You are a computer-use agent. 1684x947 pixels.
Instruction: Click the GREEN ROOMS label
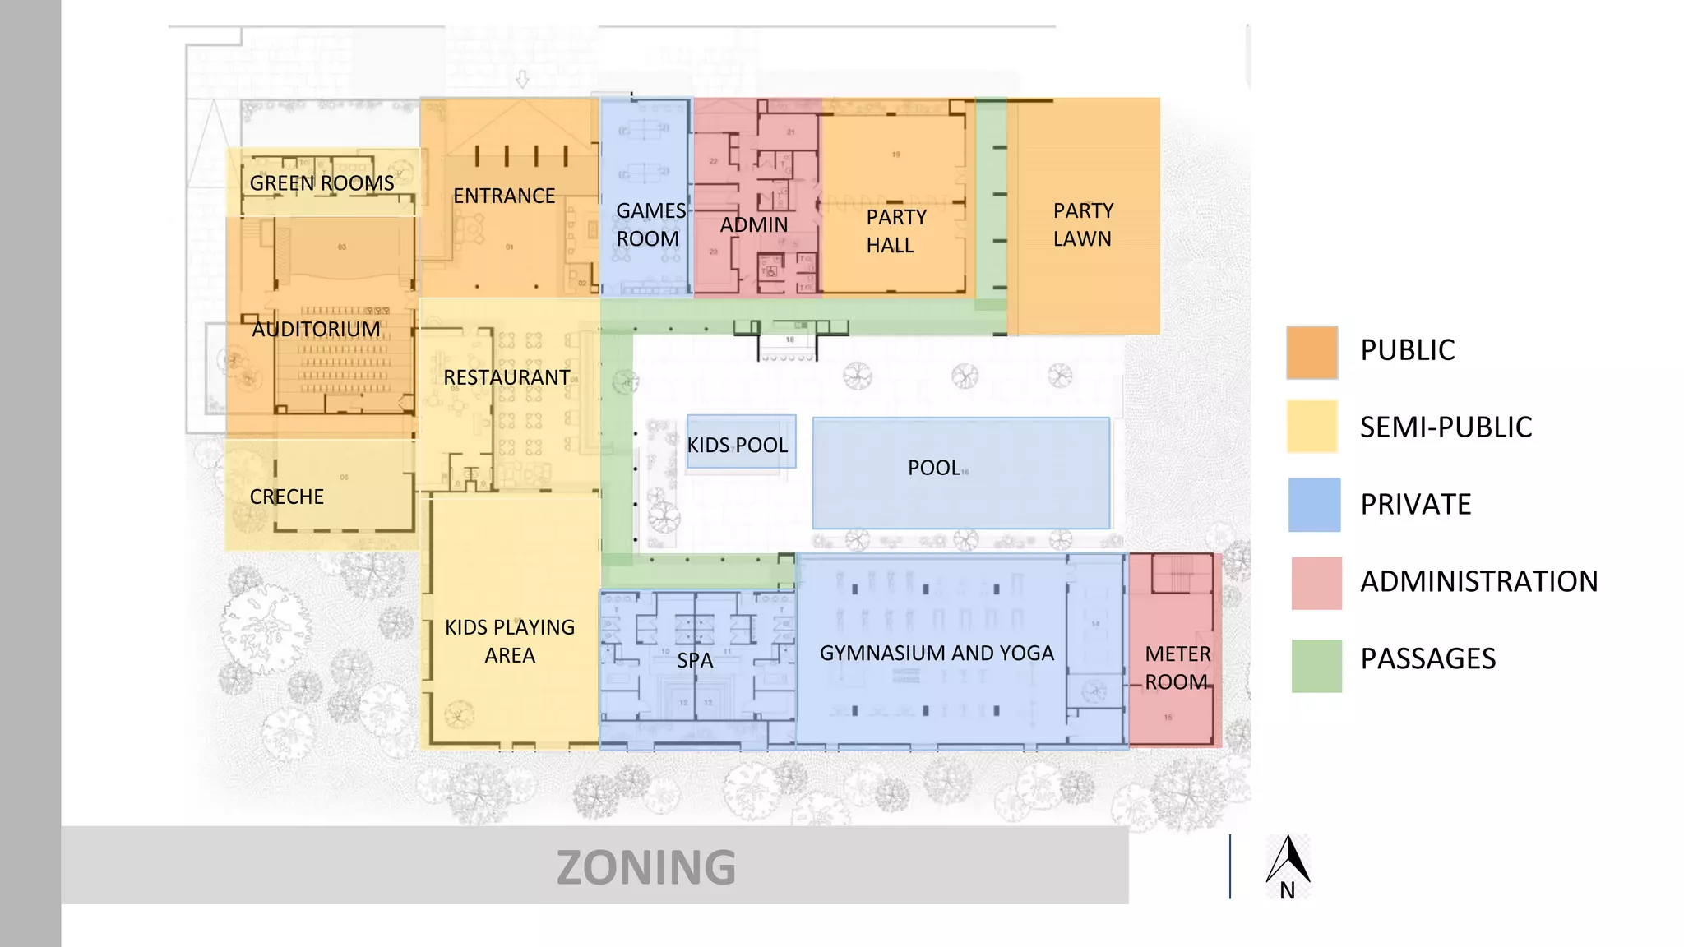click(x=322, y=183)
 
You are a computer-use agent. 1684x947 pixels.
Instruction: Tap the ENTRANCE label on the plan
click(x=504, y=196)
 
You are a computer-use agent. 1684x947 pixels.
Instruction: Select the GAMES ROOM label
click(x=650, y=225)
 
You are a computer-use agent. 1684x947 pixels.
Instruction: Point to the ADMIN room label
click(x=753, y=225)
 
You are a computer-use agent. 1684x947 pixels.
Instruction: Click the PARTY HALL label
click(x=895, y=231)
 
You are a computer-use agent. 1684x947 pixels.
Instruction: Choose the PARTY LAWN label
click(x=1083, y=225)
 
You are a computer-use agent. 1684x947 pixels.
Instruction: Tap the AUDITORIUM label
click(x=316, y=330)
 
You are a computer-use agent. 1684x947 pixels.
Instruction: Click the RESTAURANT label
click(x=507, y=378)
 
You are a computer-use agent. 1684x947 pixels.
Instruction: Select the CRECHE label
click(x=286, y=497)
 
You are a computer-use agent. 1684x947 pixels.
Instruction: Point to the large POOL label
click(x=933, y=469)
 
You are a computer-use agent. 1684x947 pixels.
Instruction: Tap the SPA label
click(x=695, y=661)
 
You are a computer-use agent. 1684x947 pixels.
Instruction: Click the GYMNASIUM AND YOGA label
click(x=937, y=654)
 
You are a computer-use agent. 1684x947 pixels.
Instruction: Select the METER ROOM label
click(x=1177, y=668)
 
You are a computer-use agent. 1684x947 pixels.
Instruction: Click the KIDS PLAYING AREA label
click(x=510, y=641)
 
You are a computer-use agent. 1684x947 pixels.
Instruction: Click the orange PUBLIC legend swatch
click(x=1312, y=353)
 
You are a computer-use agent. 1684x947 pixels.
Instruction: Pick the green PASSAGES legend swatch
click(x=1316, y=666)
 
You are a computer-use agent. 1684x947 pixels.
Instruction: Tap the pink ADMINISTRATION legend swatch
click(x=1316, y=583)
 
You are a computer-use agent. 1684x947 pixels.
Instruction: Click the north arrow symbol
click(x=1288, y=862)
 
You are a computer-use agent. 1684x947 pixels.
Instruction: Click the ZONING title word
click(x=645, y=868)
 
